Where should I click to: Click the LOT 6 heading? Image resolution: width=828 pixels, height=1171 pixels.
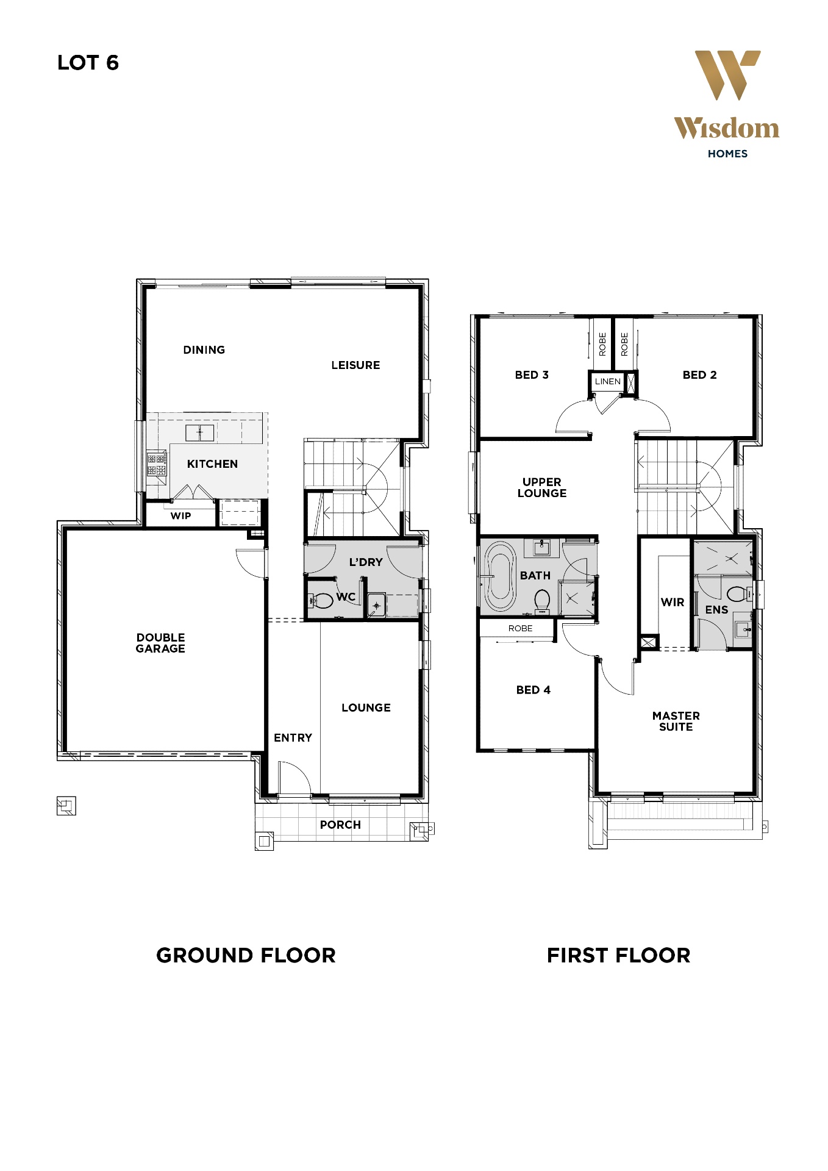[88, 63]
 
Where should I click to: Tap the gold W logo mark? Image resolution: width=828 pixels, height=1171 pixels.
[727, 75]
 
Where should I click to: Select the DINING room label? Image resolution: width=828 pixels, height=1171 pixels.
[204, 350]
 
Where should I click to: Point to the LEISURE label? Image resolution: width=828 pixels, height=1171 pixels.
[355, 365]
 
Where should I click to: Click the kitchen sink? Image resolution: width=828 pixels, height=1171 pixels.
[200, 433]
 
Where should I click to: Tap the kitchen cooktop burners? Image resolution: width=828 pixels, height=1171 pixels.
[157, 464]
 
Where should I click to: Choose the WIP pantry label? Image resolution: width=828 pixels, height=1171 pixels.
[180, 516]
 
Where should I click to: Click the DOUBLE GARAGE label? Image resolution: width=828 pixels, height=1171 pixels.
[160, 643]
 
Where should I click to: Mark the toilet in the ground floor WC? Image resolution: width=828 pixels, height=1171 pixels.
[321, 601]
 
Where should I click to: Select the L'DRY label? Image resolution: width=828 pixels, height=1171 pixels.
[366, 562]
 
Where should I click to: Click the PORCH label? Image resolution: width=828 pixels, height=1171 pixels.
[340, 825]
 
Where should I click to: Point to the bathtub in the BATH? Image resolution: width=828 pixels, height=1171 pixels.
[500, 576]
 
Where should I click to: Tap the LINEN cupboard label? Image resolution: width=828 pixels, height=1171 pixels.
[607, 382]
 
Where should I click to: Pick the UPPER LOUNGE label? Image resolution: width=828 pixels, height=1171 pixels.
[541, 488]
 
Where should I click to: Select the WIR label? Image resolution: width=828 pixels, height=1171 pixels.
[673, 603]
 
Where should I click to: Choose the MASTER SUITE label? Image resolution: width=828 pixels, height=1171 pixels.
[676, 722]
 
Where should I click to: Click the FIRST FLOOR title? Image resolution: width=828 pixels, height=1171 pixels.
[618, 956]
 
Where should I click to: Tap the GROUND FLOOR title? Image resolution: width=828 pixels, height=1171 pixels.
[246, 956]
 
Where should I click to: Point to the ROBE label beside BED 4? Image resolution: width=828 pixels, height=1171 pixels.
[520, 629]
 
